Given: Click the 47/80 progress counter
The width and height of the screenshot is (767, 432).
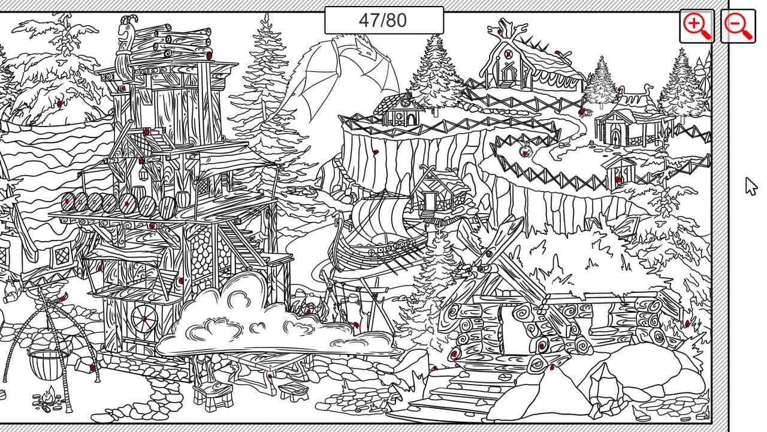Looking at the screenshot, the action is coord(384,20).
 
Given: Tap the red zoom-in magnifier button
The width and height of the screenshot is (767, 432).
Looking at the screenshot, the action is coord(697,26).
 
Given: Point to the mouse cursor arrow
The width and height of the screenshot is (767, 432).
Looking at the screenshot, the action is coord(751,186).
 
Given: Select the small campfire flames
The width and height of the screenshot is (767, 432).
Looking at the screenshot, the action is coord(50,397).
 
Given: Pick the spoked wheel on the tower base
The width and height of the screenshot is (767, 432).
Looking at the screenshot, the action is coord(145,319).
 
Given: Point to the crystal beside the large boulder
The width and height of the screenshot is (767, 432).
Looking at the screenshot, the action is coord(603,389).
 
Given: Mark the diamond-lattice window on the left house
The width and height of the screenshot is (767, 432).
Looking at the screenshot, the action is coord(64,256).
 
